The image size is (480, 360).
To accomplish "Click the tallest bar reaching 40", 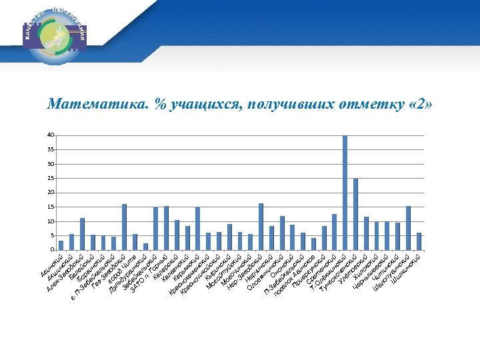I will pos(345,193).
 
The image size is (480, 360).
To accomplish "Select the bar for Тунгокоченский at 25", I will pos(355,214).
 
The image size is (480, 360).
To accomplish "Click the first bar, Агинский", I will pos(61,245).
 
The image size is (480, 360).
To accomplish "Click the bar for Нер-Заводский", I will pos(261,227).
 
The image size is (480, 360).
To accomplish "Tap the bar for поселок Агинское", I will pos(313,244).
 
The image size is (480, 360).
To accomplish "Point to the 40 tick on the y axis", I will pos(51,135).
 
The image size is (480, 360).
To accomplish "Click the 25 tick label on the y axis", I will pos(51,179).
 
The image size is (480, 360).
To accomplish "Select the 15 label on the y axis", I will pos(51,207).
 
